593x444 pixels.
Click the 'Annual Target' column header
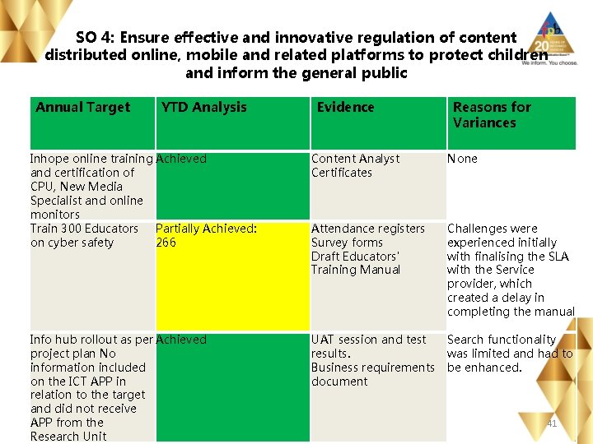coord(83,107)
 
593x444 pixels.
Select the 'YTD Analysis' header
coord(204,107)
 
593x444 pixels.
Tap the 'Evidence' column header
coord(346,107)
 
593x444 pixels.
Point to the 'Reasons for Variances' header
coord(492,115)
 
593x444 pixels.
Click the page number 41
coord(552,423)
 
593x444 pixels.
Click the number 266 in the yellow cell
coord(166,243)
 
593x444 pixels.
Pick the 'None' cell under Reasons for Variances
coord(462,159)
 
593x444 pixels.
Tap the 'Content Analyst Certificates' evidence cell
coord(355,165)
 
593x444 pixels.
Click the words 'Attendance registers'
coord(368,229)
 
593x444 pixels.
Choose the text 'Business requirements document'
coord(372,374)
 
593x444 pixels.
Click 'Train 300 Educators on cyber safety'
coord(84,235)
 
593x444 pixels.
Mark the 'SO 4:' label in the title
coord(95,38)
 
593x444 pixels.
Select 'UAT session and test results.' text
coord(368,346)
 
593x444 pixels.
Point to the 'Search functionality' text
coord(502,340)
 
